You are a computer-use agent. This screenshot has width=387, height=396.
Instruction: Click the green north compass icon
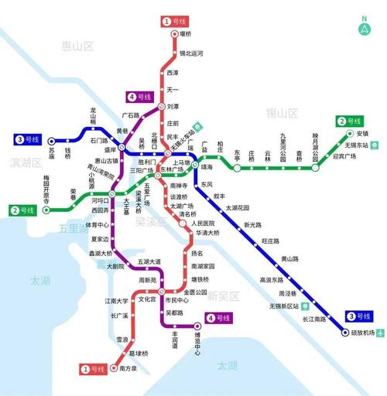tap(364, 26)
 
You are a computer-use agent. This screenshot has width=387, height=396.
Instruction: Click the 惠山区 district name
tap(77, 46)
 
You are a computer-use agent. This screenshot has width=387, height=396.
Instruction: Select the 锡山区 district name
tap(282, 113)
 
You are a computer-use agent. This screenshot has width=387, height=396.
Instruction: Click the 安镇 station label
tap(363, 134)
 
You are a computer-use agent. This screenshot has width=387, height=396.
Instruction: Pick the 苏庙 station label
tap(49, 155)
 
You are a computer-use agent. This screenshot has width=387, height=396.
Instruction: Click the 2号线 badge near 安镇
tap(349, 121)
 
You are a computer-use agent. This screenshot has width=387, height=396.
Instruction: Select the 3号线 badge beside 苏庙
tap(29, 140)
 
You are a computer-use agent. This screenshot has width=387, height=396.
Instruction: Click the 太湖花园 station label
tap(238, 208)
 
